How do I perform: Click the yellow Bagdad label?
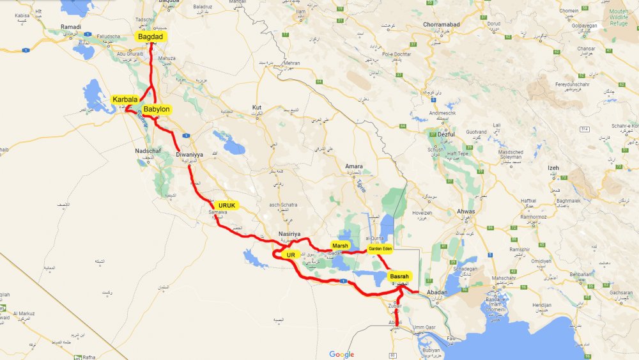coord(151,38)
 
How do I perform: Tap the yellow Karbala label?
coord(125,99)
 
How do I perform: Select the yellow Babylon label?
coord(157,109)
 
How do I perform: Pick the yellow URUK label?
coord(227,205)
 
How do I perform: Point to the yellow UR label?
coord(290,254)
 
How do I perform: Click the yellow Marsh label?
coord(340,246)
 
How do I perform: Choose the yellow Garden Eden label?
coord(380,249)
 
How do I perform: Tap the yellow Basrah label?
coord(400,276)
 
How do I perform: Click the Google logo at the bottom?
coord(342,354)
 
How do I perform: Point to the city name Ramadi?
coord(70,27)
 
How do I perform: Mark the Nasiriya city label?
coord(289,234)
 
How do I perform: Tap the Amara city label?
coord(354,166)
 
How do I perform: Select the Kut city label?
coord(258,107)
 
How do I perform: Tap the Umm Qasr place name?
coord(424,327)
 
